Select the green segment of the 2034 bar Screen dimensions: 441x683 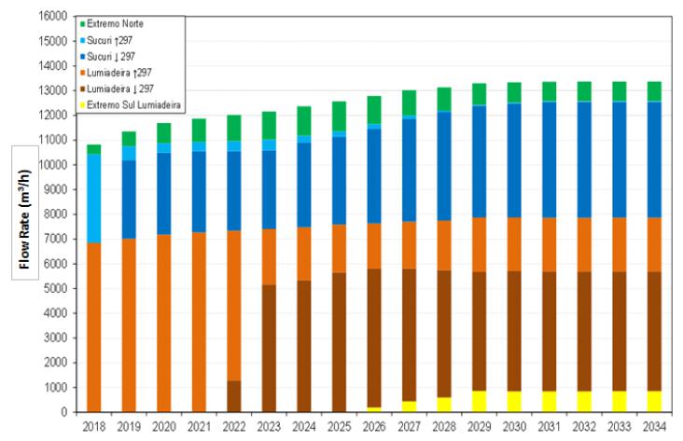pos(656,90)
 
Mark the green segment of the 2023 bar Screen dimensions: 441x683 pos(269,125)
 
